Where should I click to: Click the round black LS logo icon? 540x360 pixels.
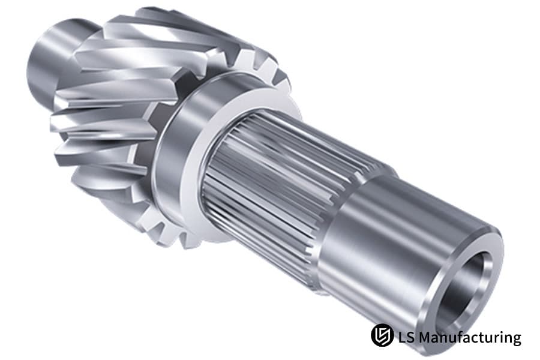pyautogui.click(x=382, y=335)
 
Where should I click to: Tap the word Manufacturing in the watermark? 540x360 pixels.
pyautogui.click(x=470, y=337)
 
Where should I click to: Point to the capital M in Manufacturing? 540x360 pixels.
pyautogui.click(x=425, y=337)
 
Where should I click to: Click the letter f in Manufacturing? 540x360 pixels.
pyautogui.click(x=460, y=336)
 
